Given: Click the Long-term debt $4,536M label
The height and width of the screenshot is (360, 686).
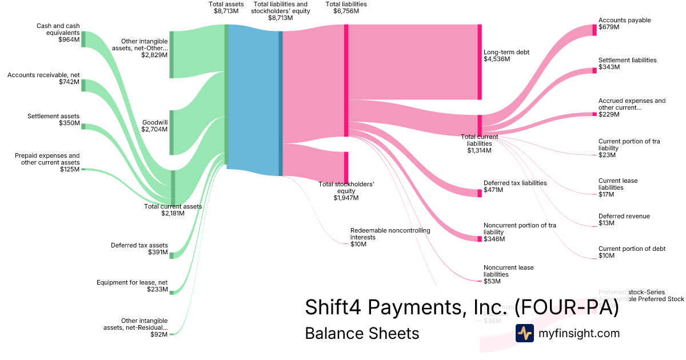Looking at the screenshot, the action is pyautogui.click(x=506, y=55).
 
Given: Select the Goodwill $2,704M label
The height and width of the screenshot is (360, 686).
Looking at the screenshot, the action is pyautogui.click(x=154, y=126).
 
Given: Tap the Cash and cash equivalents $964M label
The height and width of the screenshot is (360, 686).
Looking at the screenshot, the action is pyautogui.click(x=58, y=33).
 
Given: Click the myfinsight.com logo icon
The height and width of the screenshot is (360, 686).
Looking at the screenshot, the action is pyautogui.click(x=524, y=333).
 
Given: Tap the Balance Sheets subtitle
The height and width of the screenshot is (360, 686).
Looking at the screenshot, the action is pyautogui.click(x=362, y=333).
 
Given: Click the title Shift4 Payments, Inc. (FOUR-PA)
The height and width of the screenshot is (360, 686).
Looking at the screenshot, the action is pyautogui.click(x=462, y=307).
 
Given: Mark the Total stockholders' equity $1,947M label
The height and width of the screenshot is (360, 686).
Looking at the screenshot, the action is pyautogui.click(x=346, y=191).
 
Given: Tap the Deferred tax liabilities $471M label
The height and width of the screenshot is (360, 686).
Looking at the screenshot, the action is pyautogui.click(x=515, y=186).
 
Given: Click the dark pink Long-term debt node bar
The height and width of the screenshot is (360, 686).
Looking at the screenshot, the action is pyautogui.click(x=480, y=62).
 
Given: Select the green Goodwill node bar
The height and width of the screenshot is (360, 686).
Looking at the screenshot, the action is pyautogui.click(x=171, y=133).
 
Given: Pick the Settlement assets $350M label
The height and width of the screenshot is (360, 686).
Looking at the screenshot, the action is pyautogui.click(x=53, y=119).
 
